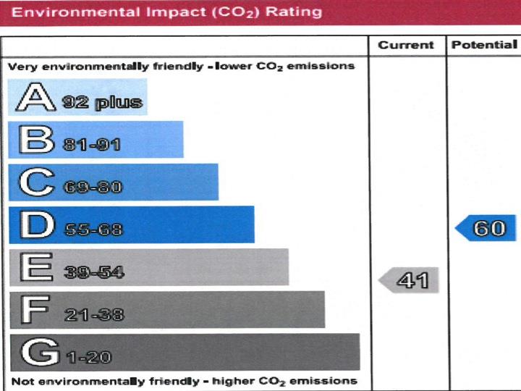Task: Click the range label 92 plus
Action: click(x=101, y=101)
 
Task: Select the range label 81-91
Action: click(x=92, y=145)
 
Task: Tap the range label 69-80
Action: click(x=93, y=188)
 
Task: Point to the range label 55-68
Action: click(x=93, y=230)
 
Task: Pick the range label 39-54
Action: click(x=94, y=272)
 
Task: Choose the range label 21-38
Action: click(x=94, y=315)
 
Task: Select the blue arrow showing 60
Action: click(x=486, y=229)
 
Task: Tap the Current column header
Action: click(x=405, y=46)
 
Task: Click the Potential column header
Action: click(x=484, y=45)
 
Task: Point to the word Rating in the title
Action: click(x=295, y=12)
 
